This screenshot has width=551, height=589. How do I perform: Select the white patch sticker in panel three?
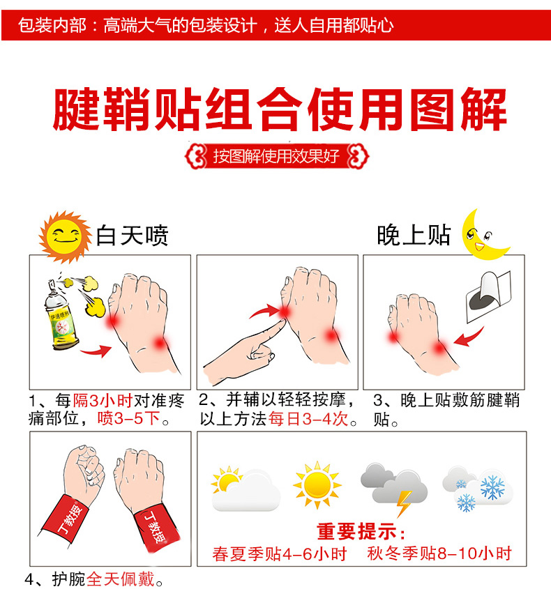(488, 296)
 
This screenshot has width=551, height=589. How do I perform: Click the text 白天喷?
(132, 235)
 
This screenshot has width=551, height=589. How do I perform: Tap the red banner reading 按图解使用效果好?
(276, 155)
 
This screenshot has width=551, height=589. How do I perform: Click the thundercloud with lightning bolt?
(394, 489)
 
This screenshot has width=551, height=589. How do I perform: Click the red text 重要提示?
(361, 533)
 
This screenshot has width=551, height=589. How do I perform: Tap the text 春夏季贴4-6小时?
(280, 554)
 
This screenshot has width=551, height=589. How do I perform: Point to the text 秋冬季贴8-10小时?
(439, 554)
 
